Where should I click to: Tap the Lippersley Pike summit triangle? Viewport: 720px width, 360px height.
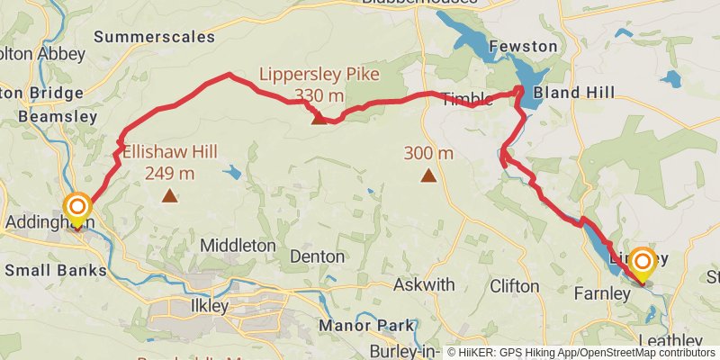click(x=318, y=117)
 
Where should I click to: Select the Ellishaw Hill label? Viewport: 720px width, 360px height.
click(x=159, y=162)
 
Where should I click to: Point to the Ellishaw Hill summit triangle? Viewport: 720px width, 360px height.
click(x=169, y=193)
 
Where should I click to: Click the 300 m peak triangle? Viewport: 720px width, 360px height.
click(x=428, y=175)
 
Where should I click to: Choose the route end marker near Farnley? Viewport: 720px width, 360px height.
click(x=643, y=262)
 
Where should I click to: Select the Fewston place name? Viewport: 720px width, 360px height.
click(x=523, y=46)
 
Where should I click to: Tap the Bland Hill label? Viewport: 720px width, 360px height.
click(x=574, y=93)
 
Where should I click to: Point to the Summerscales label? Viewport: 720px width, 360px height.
click(x=154, y=37)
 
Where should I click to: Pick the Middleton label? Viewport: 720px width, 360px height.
click(x=238, y=245)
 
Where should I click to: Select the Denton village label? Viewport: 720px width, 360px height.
click(x=317, y=256)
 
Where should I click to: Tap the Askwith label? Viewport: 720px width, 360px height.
click(x=424, y=284)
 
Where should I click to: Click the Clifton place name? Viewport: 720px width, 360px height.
click(x=515, y=286)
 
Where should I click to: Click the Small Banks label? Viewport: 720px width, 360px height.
click(x=56, y=270)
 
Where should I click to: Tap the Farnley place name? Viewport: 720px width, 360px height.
click(x=600, y=293)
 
